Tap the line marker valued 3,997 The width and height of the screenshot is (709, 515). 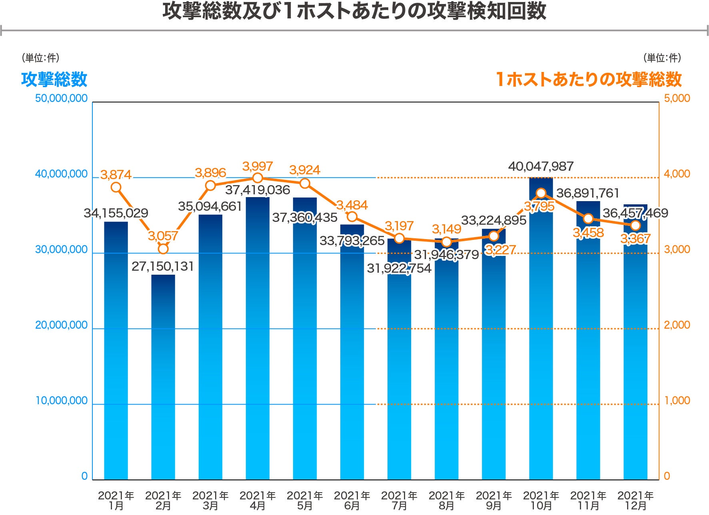258,178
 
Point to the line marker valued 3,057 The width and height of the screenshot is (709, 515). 163,249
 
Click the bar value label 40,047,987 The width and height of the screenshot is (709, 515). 541,166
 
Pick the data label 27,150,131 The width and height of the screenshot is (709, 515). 163,266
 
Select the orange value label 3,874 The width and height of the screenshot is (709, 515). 116,175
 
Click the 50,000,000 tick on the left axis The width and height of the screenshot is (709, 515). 61,98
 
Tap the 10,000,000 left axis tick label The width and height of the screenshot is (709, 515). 61,401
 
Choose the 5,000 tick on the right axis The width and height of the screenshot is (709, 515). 677,98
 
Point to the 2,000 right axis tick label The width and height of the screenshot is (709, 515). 677,325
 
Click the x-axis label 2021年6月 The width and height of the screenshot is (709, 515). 352,501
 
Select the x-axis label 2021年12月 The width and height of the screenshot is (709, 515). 635,501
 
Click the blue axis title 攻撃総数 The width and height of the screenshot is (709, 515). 54,79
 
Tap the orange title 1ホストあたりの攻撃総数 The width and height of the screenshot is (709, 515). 589,79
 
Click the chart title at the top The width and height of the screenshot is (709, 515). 354,11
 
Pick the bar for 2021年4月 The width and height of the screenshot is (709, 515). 258,340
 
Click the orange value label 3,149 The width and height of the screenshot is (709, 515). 446,229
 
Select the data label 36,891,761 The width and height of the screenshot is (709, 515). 587,194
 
